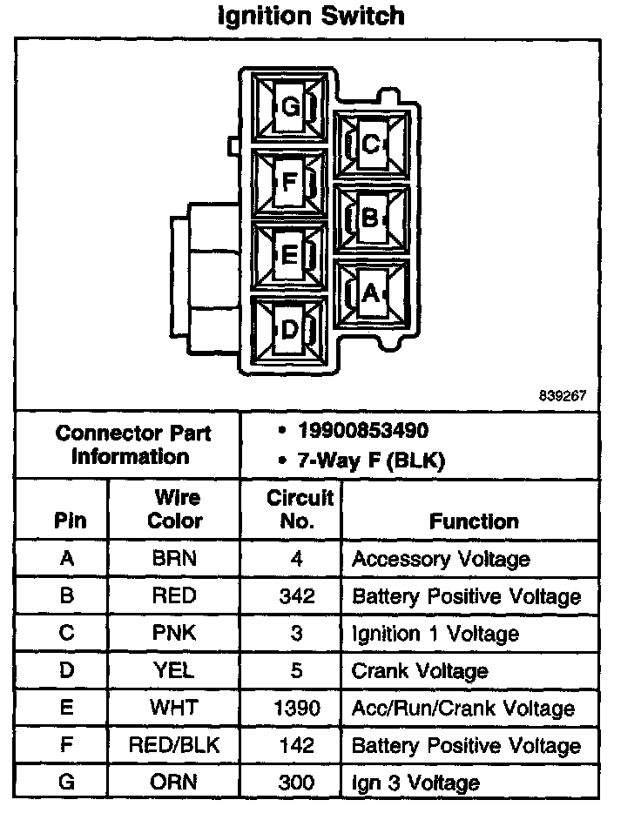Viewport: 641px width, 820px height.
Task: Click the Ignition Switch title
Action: tap(310, 16)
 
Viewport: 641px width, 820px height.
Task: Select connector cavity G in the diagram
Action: tap(290, 107)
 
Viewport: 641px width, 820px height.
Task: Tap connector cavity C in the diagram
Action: tap(371, 145)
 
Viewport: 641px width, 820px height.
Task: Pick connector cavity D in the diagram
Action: tap(289, 330)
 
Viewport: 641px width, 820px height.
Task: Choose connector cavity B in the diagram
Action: tap(371, 218)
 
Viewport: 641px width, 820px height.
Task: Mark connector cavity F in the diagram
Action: tap(289, 182)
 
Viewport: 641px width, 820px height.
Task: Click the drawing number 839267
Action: tap(563, 394)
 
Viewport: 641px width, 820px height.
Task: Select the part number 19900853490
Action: tap(362, 432)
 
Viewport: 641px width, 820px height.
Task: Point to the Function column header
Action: tap(473, 521)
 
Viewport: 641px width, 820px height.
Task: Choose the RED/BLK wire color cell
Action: tap(174, 745)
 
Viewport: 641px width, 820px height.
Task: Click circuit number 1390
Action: tap(296, 708)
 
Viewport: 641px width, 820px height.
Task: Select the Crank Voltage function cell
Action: tap(419, 671)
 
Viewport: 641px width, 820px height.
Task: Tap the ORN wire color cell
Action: tap(174, 782)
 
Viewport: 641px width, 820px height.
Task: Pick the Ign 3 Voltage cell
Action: tap(415, 783)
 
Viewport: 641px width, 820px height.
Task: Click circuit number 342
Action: tap(296, 596)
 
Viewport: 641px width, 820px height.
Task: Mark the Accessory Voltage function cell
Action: tap(441, 559)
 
